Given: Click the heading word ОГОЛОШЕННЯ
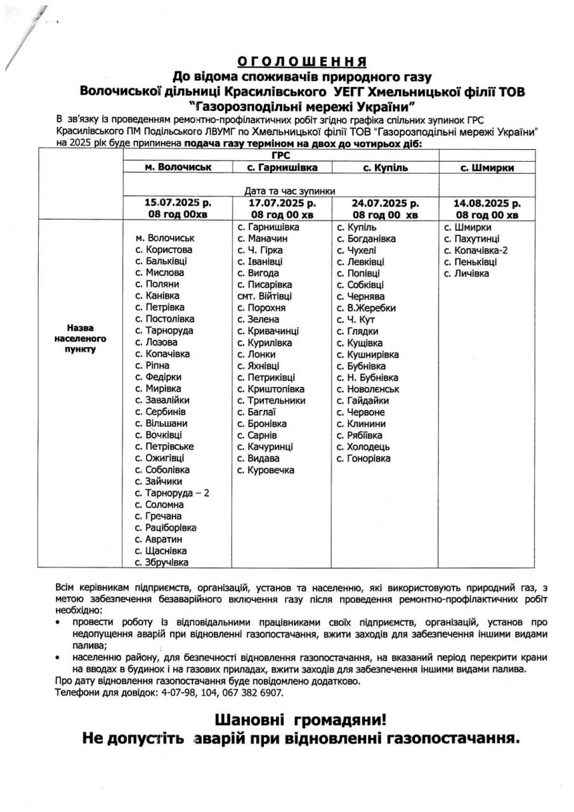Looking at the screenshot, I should (x=302, y=62).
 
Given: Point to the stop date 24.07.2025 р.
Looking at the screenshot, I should (x=385, y=204).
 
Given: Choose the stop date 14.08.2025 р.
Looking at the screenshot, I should (x=487, y=204).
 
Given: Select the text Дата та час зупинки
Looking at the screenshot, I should (x=290, y=191).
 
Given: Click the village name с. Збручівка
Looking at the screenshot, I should (x=162, y=562).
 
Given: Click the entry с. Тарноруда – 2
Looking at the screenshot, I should (x=172, y=493).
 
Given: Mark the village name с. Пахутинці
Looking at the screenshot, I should (x=472, y=239).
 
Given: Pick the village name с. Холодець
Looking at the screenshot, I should (x=363, y=447).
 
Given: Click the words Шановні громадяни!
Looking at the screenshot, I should (x=300, y=721).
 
